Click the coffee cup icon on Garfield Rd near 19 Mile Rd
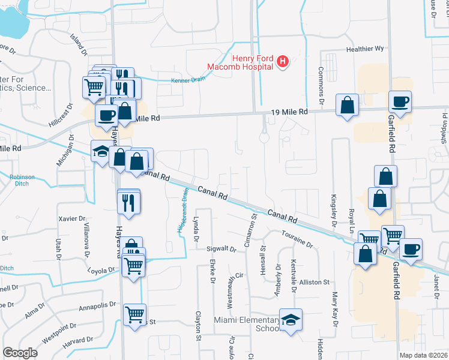pos(400,101)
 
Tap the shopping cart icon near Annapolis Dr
pos(134,314)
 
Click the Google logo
pos(20,352)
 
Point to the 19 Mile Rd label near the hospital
pos(289,112)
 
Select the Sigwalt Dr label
pos(222,248)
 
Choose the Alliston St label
pos(315,281)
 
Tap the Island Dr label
pos(78,42)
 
